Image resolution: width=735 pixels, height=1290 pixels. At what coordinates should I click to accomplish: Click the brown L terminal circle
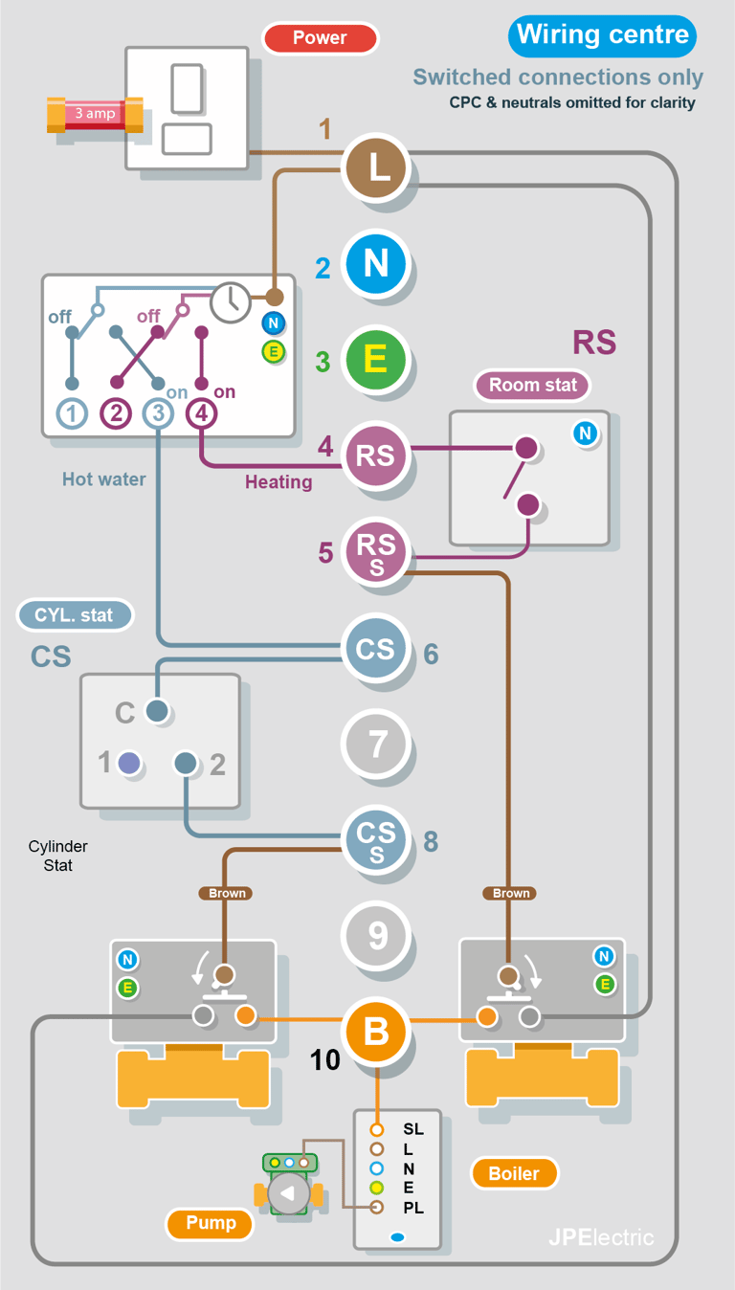point(377,167)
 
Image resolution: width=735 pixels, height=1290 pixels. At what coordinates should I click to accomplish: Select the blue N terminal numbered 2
point(377,263)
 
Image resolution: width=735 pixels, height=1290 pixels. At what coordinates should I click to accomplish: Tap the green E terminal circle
point(377,360)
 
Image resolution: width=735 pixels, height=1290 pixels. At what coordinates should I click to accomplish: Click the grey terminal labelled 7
point(377,744)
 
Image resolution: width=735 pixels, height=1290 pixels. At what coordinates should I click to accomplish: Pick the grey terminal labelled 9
point(377,935)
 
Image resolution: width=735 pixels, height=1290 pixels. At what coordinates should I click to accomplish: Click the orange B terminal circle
point(377,1031)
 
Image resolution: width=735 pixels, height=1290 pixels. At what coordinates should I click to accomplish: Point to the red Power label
point(320,38)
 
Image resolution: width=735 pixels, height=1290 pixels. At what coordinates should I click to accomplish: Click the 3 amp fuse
point(95,114)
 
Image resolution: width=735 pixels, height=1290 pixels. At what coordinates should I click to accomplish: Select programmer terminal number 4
point(201,414)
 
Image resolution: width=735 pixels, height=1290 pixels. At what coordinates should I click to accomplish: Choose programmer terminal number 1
point(72,414)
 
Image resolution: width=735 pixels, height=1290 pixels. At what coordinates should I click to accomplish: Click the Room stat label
point(533,386)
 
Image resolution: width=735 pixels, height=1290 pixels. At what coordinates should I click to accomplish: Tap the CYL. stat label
point(74,615)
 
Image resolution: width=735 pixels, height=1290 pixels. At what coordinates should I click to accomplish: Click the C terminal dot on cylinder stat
point(156,711)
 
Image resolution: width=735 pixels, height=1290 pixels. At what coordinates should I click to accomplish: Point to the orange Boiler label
point(514,1173)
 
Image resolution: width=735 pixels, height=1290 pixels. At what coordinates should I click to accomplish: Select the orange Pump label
point(210,1223)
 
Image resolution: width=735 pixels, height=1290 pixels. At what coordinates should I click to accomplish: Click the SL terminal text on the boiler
point(413,1130)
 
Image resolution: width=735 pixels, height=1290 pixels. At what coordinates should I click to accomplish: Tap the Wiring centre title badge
point(602,35)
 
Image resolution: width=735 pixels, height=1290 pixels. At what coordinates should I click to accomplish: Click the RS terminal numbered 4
point(377,456)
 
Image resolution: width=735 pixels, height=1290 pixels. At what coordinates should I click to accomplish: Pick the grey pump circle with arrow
point(288,1194)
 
